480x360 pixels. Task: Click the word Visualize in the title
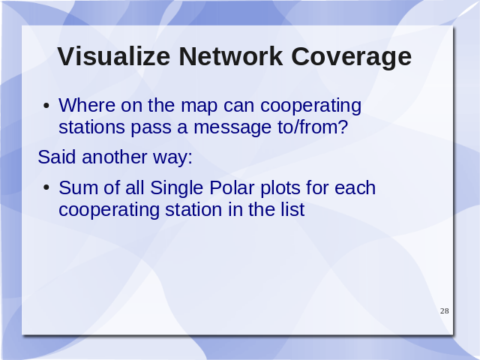113,56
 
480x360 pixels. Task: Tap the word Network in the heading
231,56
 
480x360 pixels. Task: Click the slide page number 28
445,311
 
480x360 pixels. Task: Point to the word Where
87,105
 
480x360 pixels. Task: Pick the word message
232,129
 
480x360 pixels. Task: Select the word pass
151,129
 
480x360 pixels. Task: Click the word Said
57,157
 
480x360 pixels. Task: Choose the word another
115,157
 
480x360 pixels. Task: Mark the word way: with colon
172,159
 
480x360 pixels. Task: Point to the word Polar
232,187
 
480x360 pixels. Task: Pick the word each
355,187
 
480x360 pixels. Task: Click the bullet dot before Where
46,106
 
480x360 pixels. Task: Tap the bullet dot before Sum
46,187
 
